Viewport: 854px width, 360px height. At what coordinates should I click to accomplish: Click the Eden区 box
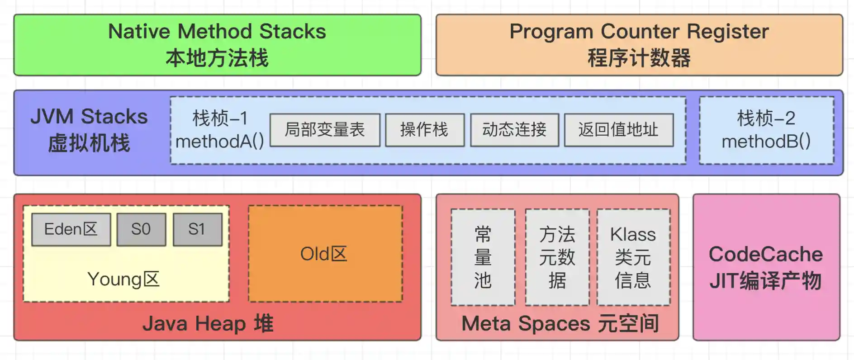pyautogui.click(x=71, y=229)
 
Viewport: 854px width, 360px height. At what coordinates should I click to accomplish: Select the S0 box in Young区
pyautogui.click(x=141, y=229)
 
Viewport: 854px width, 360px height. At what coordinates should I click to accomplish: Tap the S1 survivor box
pyautogui.click(x=197, y=229)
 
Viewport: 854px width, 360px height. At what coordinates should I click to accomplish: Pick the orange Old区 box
pyautogui.click(x=325, y=254)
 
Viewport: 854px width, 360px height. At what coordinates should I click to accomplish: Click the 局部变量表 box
pyautogui.click(x=325, y=130)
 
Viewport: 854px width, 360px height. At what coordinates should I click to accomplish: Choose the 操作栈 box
pyautogui.click(x=424, y=130)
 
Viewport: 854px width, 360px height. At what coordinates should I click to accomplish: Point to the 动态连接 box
pyautogui.click(x=514, y=130)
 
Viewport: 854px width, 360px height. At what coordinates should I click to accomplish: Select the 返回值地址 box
pyautogui.click(x=618, y=130)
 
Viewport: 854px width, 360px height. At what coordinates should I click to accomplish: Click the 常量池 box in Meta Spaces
pyautogui.click(x=483, y=257)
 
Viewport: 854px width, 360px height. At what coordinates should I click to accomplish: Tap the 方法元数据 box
pyautogui.click(x=557, y=257)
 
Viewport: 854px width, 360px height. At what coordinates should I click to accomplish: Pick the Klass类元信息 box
pyautogui.click(x=633, y=257)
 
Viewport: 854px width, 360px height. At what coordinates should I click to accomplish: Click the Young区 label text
pyautogui.click(x=123, y=279)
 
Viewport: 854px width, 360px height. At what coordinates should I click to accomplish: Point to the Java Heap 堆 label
pyautogui.click(x=208, y=324)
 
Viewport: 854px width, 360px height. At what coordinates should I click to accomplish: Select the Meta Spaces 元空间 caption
pyautogui.click(x=560, y=324)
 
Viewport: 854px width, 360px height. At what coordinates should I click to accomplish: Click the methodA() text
pyautogui.click(x=220, y=142)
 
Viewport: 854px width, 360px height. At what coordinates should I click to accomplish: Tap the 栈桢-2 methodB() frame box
pyautogui.click(x=766, y=130)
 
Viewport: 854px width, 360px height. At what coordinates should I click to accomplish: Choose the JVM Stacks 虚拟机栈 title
pyautogui.click(x=89, y=130)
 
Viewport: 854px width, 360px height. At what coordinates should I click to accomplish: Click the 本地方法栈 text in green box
pyautogui.click(x=217, y=58)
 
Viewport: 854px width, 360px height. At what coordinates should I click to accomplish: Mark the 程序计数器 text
pyautogui.click(x=639, y=58)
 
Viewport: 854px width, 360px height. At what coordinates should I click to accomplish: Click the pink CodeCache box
pyautogui.click(x=766, y=267)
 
